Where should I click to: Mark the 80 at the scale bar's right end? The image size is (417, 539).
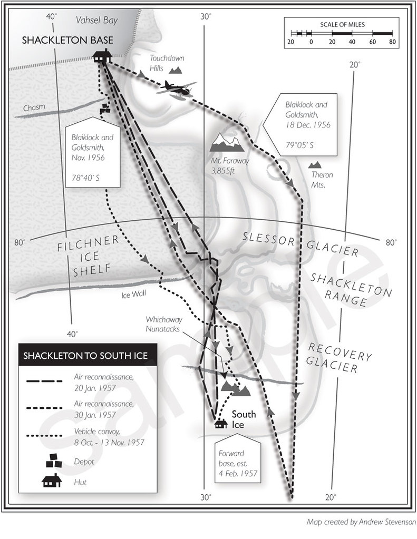pyautogui.click(x=392, y=42)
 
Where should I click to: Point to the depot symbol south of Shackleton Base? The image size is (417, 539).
pyautogui.click(x=105, y=109)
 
